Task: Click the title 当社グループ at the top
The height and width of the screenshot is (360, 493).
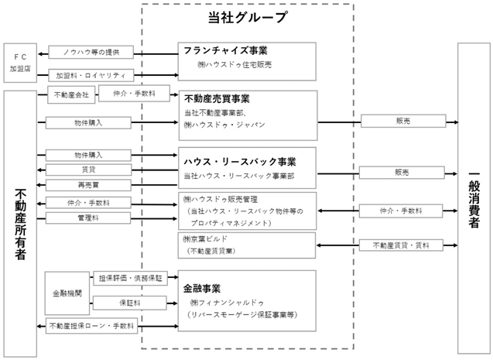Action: point(248,17)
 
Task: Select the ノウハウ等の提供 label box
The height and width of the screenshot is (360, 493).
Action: point(91,52)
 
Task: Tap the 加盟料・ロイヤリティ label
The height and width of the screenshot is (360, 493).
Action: point(91,75)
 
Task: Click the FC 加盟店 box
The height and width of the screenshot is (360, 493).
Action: point(20,63)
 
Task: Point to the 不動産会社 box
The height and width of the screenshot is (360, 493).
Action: point(71,94)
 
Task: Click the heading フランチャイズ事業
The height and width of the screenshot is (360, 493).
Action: point(225,50)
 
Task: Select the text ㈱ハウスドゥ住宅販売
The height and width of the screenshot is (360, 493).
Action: point(235,65)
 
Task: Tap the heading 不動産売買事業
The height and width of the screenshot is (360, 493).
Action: point(217,99)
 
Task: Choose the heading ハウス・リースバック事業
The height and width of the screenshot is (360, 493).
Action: point(240,162)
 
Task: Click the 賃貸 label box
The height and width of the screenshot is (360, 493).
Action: point(89,170)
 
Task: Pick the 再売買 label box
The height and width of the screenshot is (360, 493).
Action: point(88,185)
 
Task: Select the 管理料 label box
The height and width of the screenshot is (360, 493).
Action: point(88,218)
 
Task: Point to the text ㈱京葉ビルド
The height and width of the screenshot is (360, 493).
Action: point(205,239)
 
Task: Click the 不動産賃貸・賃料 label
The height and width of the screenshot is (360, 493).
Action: point(401,245)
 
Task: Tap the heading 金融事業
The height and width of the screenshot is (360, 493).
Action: point(202,289)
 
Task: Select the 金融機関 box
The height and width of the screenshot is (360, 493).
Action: point(67,293)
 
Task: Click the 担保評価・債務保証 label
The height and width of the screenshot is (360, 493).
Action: point(131,278)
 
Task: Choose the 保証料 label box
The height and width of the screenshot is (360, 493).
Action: point(129,303)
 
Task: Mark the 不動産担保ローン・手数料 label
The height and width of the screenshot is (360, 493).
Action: point(91,326)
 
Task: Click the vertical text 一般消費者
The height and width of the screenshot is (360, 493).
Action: point(474,200)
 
